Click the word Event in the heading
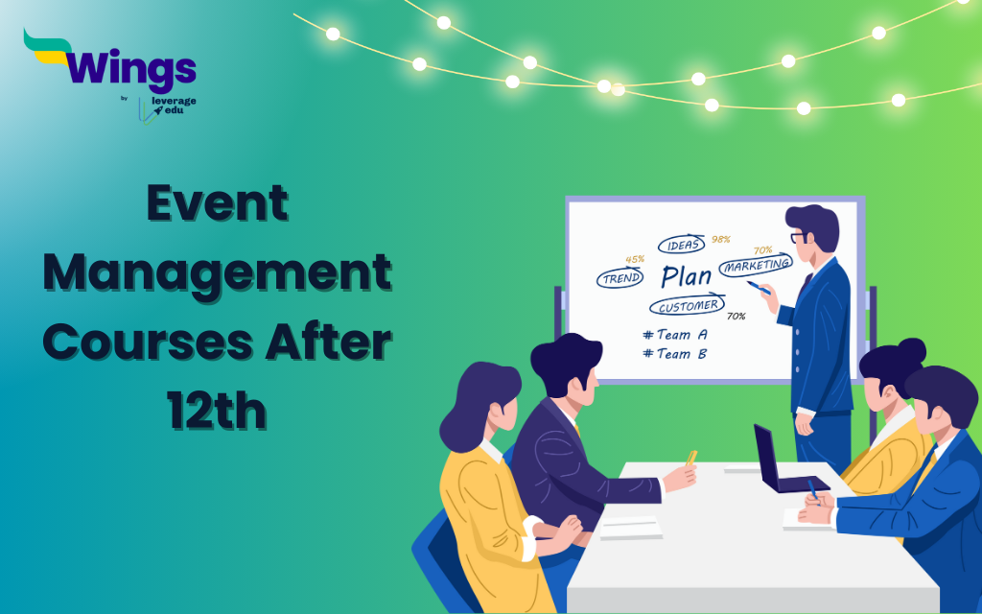tap(218, 203)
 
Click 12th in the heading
tap(218, 411)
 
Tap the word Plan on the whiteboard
tap(687, 276)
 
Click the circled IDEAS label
tap(682, 245)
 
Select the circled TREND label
tap(620, 278)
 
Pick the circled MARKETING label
tap(756, 265)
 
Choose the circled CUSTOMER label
tap(687, 306)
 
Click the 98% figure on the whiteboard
tap(721, 239)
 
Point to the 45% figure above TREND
tap(635, 259)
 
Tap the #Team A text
tap(675, 335)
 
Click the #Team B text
tap(675, 354)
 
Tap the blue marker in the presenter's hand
tap(759, 288)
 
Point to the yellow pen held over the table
tap(691, 458)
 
